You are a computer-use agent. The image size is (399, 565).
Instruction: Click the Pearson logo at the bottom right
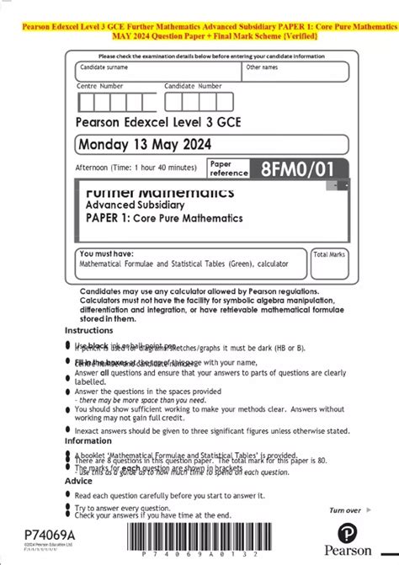(353, 533)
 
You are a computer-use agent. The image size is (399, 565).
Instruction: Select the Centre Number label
(99, 86)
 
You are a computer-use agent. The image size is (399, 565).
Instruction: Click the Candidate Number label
(191, 86)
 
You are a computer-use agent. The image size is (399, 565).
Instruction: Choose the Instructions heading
(88, 331)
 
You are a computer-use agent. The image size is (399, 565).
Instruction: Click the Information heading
(88, 440)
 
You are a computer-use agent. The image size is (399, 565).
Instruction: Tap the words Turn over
(346, 510)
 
